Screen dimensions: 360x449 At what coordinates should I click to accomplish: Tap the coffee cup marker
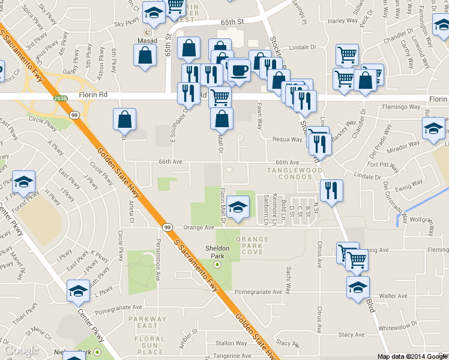tap(240, 71)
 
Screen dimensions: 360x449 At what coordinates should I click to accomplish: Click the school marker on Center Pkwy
tap(78, 292)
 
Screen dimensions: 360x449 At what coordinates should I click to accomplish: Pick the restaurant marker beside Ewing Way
tap(331, 191)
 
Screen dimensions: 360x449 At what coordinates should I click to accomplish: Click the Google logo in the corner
tap(21, 350)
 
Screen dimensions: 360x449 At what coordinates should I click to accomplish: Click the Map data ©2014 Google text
tap(412, 356)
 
